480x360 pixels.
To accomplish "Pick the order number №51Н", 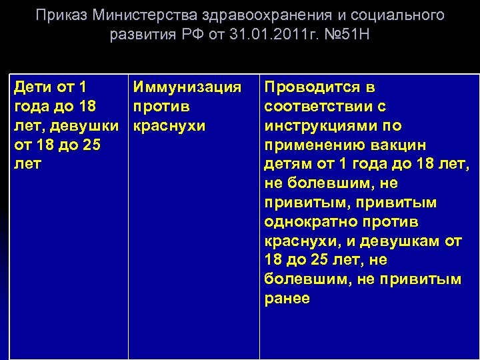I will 341,35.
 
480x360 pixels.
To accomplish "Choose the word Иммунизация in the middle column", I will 187,87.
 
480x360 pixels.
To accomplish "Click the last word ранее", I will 287,299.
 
